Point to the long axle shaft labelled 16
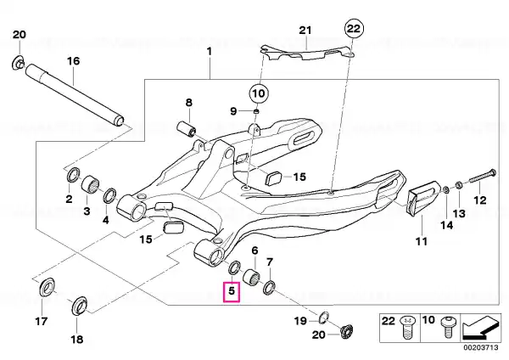click(x=75, y=95)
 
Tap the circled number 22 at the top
click(x=354, y=29)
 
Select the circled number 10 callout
click(x=259, y=93)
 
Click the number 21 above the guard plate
click(x=305, y=31)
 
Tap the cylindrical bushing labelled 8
click(x=186, y=128)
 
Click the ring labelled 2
click(x=73, y=174)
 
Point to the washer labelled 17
click(x=47, y=287)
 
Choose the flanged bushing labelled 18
click(x=79, y=306)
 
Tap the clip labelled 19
click(x=323, y=318)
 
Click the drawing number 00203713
click(x=480, y=347)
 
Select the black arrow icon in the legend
click(x=480, y=327)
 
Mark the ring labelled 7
click(x=270, y=288)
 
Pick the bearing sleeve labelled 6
click(x=252, y=277)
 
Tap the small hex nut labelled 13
click(x=459, y=185)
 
